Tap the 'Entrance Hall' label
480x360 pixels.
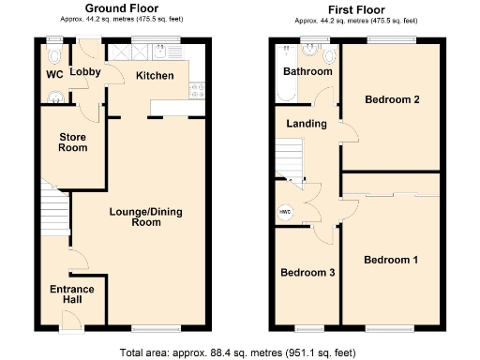point(72,295)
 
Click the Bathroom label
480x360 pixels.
point(308,71)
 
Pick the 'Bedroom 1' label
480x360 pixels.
point(391,260)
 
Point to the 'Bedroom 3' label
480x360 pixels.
point(308,273)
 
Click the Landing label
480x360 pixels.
point(307,124)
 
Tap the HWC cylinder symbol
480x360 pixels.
point(284,212)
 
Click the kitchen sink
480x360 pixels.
point(121,53)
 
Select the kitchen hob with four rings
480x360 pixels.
point(198,91)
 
